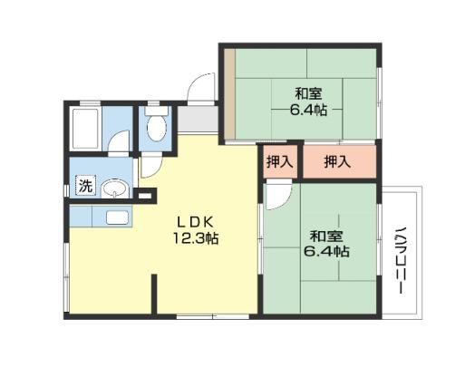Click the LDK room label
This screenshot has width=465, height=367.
[x=196, y=223]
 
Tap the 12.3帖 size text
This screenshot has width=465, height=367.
[x=196, y=238]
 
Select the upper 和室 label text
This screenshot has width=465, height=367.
[x=308, y=93]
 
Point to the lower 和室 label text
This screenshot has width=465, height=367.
[x=326, y=237]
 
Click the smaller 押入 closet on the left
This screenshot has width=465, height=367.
[x=280, y=162]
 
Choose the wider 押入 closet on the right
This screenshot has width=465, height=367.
[x=339, y=162]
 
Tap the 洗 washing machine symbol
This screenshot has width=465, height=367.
[x=85, y=186]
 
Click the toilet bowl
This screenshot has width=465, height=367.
[x=157, y=128]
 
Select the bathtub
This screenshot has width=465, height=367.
[x=85, y=129]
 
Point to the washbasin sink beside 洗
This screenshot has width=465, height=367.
[x=114, y=188]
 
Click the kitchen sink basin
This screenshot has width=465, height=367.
[x=118, y=217]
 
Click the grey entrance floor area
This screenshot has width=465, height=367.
[x=198, y=119]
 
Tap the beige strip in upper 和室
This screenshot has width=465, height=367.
[x=229, y=93]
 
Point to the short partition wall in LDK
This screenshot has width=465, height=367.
[x=154, y=294]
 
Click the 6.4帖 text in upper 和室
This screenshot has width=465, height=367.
[x=308, y=110]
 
